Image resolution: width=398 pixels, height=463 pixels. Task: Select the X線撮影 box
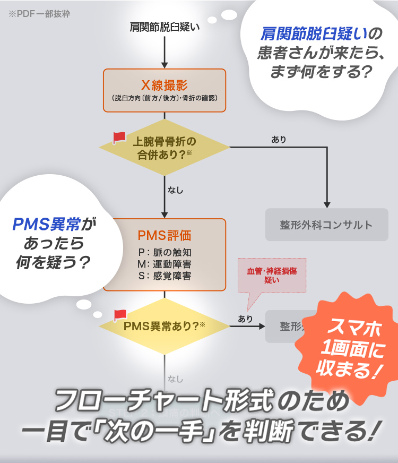(x=165, y=90)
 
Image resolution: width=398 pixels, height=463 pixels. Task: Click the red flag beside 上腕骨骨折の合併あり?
(x=119, y=138)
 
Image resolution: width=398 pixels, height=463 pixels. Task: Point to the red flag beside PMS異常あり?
(x=120, y=315)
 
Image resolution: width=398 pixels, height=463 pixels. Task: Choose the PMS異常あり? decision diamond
(x=165, y=326)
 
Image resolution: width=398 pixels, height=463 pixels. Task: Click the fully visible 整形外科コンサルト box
(x=326, y=225)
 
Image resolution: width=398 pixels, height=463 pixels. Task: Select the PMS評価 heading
(x=165, y=235)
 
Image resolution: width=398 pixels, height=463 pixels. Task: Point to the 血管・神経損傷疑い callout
(x=272, y=275)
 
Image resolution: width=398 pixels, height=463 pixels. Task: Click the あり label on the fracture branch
(x=279, y=140)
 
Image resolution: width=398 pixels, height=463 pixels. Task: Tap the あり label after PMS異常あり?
(x=245, y=319)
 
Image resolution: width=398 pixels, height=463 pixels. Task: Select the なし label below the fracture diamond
(x=175, y=190)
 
